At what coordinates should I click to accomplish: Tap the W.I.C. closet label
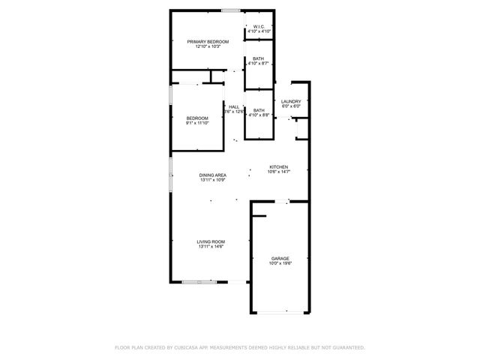click(x=258, y=27)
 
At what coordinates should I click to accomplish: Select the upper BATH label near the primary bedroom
click(x=258, y=58)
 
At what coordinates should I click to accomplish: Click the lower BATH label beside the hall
click(x=258, y=110)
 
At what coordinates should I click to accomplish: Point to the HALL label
click(x=235, y=106)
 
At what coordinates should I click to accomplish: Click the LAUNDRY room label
click(x=291, y=101)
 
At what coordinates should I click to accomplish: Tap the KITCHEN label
click(x=279, y=167)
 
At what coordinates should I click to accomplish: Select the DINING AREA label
click(x=213, y=175)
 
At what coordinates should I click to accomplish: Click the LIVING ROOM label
click(x=211, y=241)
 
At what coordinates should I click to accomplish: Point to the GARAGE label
click(x=280, y=258)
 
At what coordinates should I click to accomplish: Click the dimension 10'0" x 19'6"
click(x=280, y=263)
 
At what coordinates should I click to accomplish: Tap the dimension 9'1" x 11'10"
click(x=197, y=123)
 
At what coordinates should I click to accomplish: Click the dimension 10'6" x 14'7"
click(x=279, y=172)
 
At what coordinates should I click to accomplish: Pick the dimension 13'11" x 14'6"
click(x=211, y=247)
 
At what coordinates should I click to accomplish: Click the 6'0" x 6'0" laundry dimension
click(x=291, y=106)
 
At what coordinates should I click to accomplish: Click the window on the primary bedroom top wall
click(x=230, y=10)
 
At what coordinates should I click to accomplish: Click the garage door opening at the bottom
click(x=280, y=313)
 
